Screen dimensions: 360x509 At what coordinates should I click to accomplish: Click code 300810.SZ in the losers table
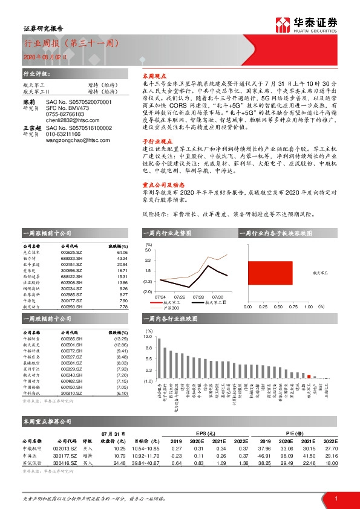[72, 393]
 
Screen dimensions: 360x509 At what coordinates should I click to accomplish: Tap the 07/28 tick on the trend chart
[198, 297]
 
